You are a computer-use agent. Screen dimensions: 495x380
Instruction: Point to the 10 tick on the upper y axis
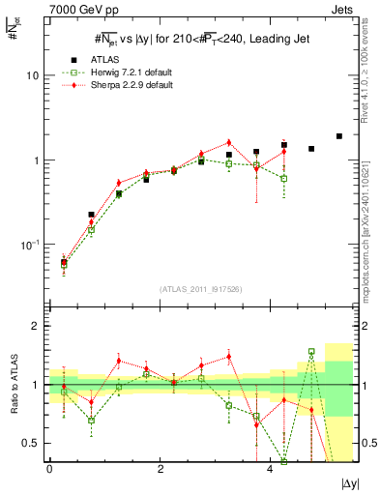click(x=34, y=75)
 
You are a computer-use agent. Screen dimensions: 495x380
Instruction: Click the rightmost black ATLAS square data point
click(x=339, y=136)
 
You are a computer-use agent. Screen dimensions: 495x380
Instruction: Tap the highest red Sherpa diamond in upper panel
click(x=229, y=142)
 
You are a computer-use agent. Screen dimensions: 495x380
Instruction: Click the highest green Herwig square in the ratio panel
click(x=311, y=352)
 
